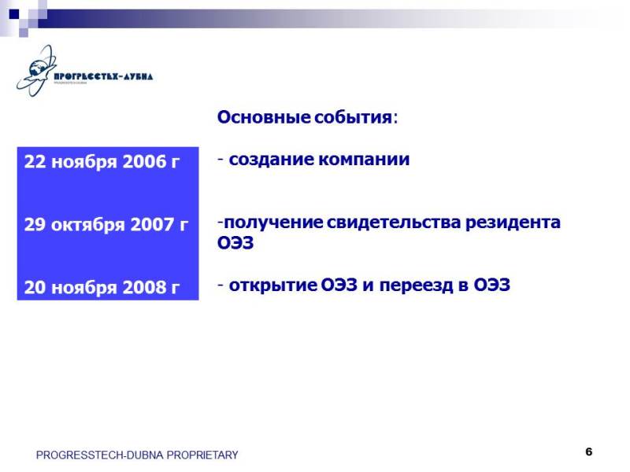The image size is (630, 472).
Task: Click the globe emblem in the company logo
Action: pyautogui.click(x=36, y=71)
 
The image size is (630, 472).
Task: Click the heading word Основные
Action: pyautogui.click(x=264, y=117)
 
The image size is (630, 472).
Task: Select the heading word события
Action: pyautogui.click(x=353, y=117)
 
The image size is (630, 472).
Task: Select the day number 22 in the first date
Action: pyautogui.click(x=35, y=161)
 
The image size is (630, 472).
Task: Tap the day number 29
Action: pyautogui.click(x=35, y=224)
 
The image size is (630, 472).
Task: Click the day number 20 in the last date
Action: pyautogui.click(x=35, y=287)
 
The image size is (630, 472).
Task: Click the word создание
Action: pyautogui.click(x=271, y=160)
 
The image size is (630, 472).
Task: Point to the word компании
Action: pyautogui.click(x=364, y=160)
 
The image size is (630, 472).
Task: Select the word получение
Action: pyautogui.click(x=273, y=223)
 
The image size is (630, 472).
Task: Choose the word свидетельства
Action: pyautogui.click(x=393, y=223)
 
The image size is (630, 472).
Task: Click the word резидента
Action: pyautogui.click(x=513, y=223)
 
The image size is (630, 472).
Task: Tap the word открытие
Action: pyautogui.click(x=272, y=285)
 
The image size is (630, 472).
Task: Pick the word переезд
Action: pyautogui.click(x=416, y=285)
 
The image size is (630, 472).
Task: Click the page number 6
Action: pyautogui.click(x=588, y=452)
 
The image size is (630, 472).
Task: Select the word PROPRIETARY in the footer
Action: pyautogui.click(x=202, y=455)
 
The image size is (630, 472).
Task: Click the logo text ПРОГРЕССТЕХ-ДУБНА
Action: pyautogui.click(x=103, y=76)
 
